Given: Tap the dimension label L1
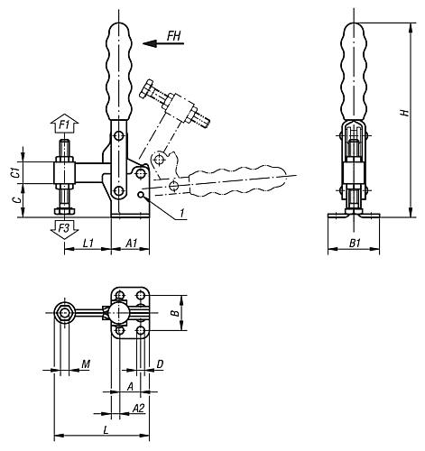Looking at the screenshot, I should [x=88, y=244].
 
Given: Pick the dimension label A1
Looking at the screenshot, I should [x=130, y=244].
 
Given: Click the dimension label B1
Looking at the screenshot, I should [x=354, y=244].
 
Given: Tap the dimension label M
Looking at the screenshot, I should [x=86, y=364].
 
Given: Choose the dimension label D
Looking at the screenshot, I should [x=159, y=364].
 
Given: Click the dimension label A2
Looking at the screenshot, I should [x=138, y=407].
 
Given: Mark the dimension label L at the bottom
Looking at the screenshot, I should [x=106, y=430].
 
